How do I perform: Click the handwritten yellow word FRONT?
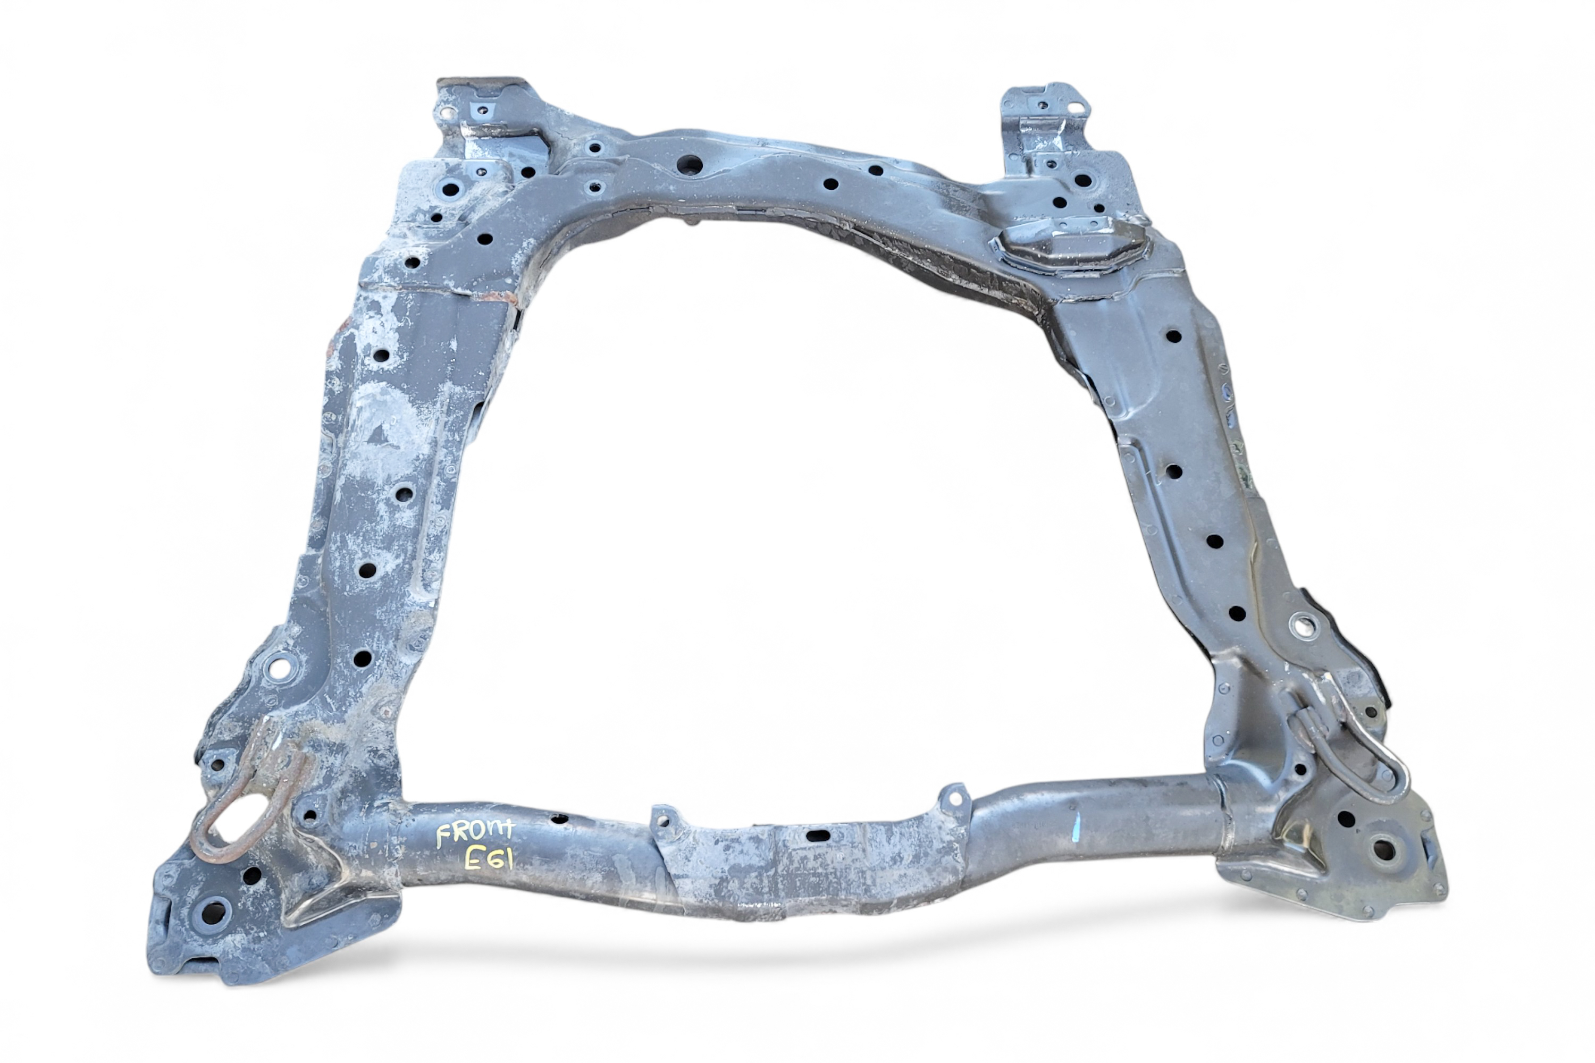[x=475, y=834]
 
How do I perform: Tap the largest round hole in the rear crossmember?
[x=690, y=165]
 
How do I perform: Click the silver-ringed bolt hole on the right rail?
[x=1303, y=626]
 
